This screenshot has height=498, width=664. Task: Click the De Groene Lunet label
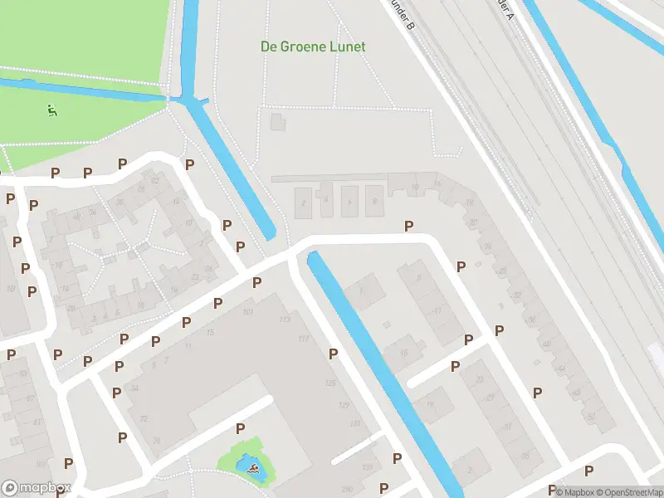coord(313,47)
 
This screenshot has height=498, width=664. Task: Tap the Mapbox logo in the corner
coord(36,488)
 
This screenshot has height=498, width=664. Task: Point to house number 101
coord(247,313)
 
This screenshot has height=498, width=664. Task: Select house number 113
coord(285,320)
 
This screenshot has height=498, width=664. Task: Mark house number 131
coord(355,424)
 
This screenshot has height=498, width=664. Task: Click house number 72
coord(143,418)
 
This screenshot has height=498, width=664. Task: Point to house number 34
coord(134,388)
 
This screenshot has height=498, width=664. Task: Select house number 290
coord(347,488)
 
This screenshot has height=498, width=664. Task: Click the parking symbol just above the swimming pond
coord(240,428)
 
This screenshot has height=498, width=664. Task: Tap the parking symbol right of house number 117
coord(333,354)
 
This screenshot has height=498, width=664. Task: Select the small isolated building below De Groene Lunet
coord(276,123)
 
